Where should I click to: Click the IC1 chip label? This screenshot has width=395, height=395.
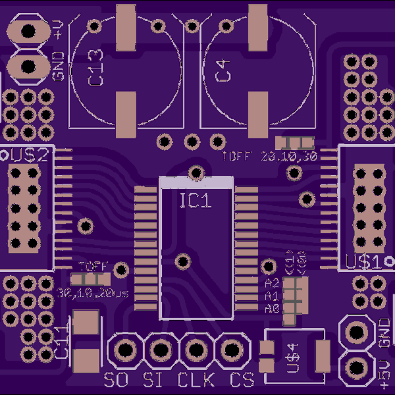click(x=196, y=201)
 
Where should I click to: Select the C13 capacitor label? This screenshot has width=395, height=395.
click(x=95, y=67)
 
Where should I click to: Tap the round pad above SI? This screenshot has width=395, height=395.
click(x=159, y=349)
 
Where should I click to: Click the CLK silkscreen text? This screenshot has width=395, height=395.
click(x=196, y=381)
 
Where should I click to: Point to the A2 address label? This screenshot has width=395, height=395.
click(x=272, y=284)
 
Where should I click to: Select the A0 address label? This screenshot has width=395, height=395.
click(x=272, y=307)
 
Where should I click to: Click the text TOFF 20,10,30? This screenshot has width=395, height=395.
click(x=270, y=157)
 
